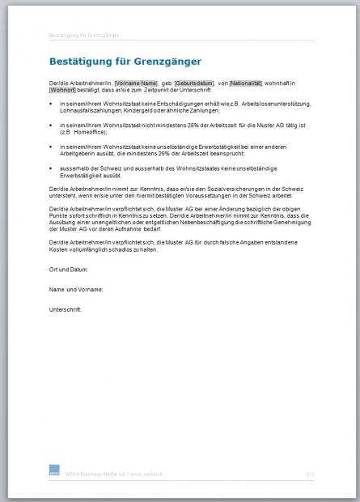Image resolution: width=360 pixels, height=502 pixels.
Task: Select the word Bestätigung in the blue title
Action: point(80,61)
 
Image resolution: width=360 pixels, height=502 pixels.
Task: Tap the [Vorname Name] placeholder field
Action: point(136,83)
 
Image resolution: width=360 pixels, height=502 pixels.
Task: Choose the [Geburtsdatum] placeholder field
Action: point(195,83)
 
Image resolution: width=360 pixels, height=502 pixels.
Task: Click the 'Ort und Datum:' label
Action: point(69,269)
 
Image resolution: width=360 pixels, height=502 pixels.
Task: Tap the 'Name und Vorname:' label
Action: point(75,289)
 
